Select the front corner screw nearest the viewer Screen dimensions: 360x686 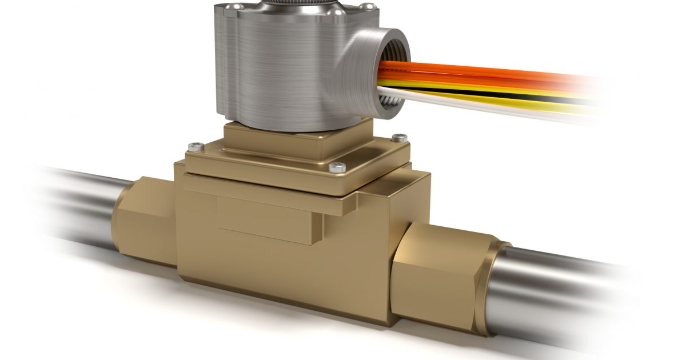[x=337, y=167]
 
